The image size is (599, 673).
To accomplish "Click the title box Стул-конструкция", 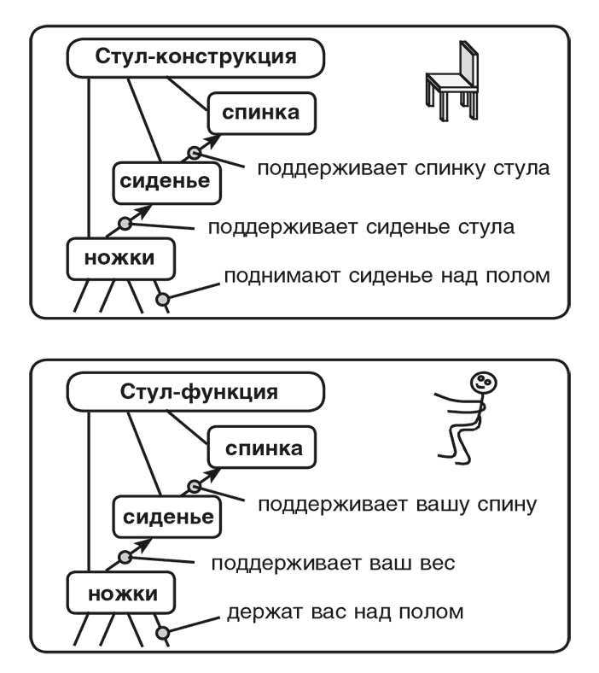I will (195, 59).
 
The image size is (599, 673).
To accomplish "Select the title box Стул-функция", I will (195, 394).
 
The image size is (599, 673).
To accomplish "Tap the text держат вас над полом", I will (346, 612).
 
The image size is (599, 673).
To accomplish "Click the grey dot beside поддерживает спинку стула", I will (195, 154).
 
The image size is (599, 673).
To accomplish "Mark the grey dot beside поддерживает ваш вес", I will (125, 558).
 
